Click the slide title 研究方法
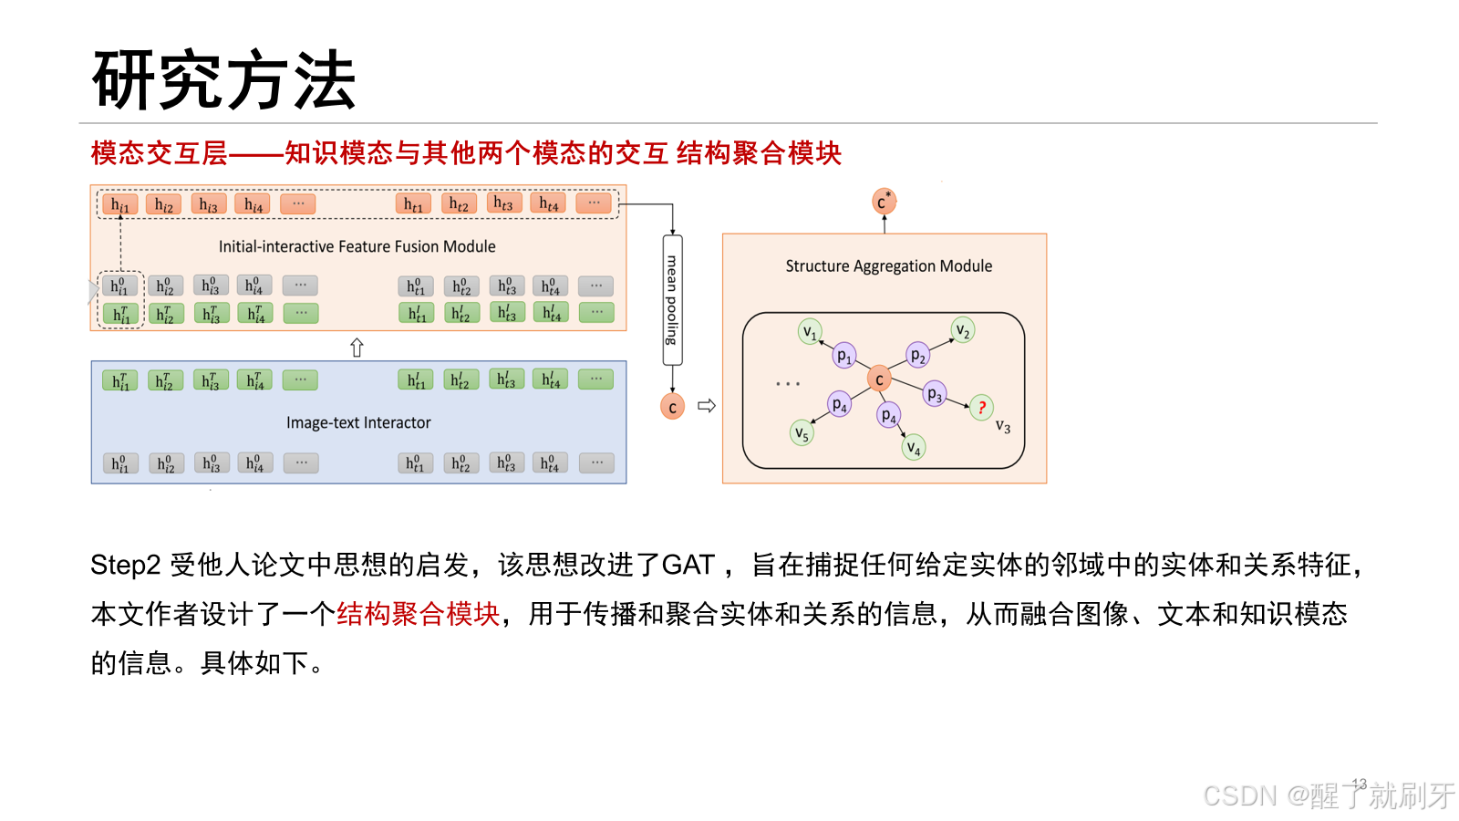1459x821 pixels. click(x=223, y=80)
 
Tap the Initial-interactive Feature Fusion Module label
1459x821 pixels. click(x=357, y=246)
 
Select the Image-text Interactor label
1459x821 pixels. click(x=358, y=422)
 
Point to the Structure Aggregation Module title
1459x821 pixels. click(x=888, y=265)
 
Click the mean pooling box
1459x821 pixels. click(x=672, y=300)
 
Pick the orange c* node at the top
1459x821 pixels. click(x=883, y=202)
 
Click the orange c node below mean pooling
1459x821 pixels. click(x=672, y=407)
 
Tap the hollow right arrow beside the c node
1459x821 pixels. click(x=707, y=406)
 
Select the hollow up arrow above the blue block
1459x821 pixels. click(x=357, y=348)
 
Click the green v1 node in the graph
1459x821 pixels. click(x=810, y=331)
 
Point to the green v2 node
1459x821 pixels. click(x=962, y=329)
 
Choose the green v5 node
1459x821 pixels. click(x=802, y=433)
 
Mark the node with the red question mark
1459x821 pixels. click(x=981, y=407)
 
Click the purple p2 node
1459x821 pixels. click(x=918, y=355)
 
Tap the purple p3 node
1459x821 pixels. click(x=934, y=394)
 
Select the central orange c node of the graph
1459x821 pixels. click(x=879, y=379)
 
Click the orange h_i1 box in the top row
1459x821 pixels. click(x=119, y=204)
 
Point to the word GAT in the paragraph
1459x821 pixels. click(x=688, y=565)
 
